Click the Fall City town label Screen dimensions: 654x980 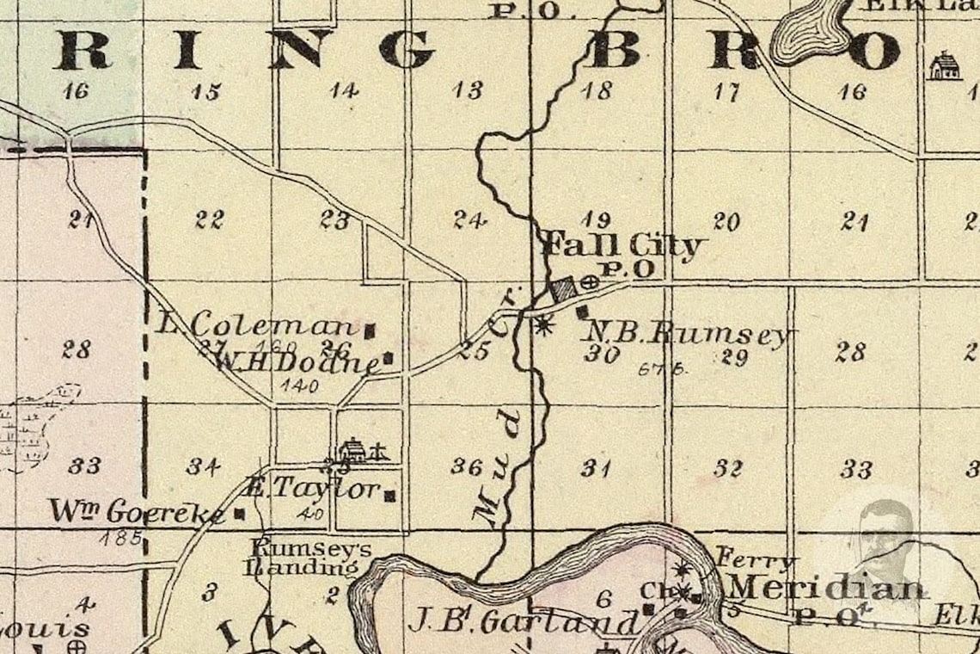[622, 246]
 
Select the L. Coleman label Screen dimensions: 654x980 [258, 325]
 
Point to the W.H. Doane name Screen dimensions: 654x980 [296, 362]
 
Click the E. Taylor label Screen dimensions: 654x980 [313, 489]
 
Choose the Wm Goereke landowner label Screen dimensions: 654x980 [137, 511]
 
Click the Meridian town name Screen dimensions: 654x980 [827, 588]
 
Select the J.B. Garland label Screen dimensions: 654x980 [524, 621]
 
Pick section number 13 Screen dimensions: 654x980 [469, 90]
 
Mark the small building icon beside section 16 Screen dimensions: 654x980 [944, 66]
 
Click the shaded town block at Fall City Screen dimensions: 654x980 [564, 288]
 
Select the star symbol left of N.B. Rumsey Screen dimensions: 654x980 [542, 324]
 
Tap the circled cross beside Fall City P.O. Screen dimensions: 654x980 [590, 281]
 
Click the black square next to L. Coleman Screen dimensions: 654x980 [371, 329]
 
